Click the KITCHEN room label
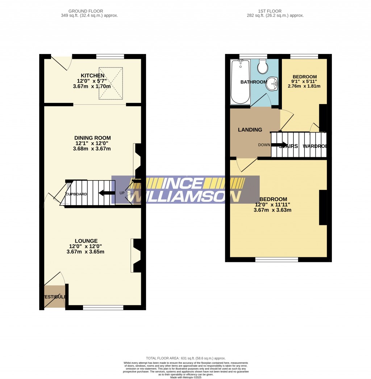[92, 75]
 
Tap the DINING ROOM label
[92, 138]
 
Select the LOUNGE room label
[86, 241]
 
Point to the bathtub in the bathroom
[240, 82]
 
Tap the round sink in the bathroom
[272, 83]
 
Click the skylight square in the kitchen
[111, 83]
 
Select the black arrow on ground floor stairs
[105, 192]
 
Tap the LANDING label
[250, 130]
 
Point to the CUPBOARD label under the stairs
[76, 194]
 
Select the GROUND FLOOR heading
[89, 11]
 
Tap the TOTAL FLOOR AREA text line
[185, 358]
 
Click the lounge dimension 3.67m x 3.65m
[86, 252]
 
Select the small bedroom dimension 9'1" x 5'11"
[304, 82]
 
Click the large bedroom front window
[276, 259]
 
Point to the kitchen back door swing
[61, 62]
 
